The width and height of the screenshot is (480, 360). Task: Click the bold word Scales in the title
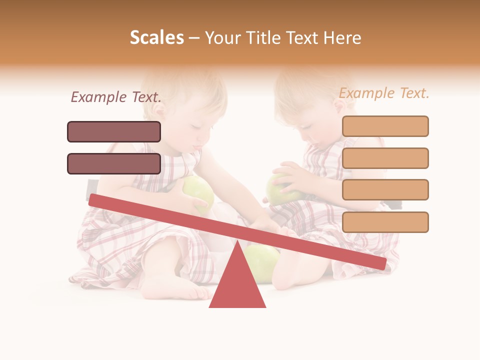[156, 37]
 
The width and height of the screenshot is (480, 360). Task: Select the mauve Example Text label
[116, 97]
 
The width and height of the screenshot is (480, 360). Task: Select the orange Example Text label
[384, 93]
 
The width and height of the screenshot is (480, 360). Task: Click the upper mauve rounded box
[114, 131]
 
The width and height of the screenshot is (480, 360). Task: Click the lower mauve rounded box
[114, 163]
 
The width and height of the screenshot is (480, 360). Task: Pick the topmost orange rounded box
[385, 126]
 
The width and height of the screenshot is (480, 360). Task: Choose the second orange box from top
[385, 158]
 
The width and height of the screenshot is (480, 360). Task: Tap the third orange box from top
[385, 189]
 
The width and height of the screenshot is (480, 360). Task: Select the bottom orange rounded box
[385, 222]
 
